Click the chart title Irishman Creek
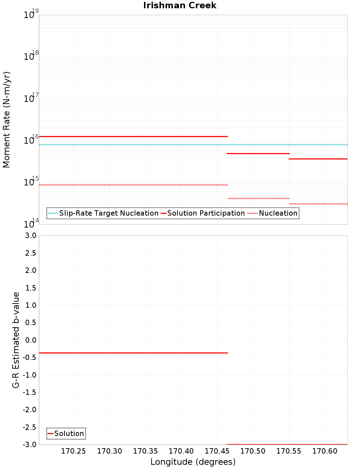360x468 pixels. pyautogui.click(x=180, y=5)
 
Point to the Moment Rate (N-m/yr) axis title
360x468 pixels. pyautogui.click(x=6, y=120)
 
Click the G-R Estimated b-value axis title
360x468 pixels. pyautogui.click(x=16, y=340)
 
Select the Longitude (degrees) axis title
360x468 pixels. pyautogui.click(x=193, y=462)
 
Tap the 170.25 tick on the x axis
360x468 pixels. pyautogui.click(x=73, y=451)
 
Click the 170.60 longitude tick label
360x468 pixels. pyautogui.click(x=325, y=451)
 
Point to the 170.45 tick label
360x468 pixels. pyautogui.click(x=217, y=451)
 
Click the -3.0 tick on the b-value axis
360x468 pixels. pyautogui.click(x=30, y=445)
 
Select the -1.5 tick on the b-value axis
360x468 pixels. pyautogui.click(x=30, y=392)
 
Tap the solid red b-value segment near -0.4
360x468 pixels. pyautogui.click(x=133, y=353)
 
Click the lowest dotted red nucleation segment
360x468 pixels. pyautogui.click(x=318, y=204)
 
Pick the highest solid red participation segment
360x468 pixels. pyautogui.click(x=133, y=136)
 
